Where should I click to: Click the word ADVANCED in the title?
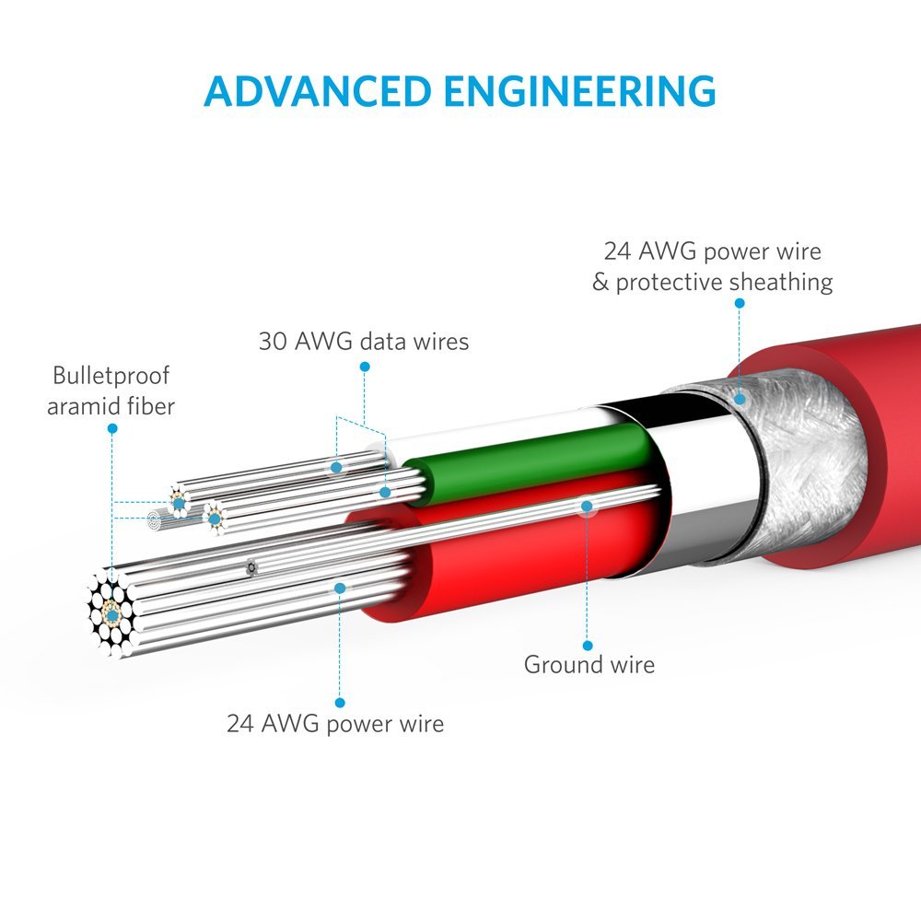tap(317, 91)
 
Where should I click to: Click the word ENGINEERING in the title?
tap(579, 91)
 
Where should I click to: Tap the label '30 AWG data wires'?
tap(364, 342)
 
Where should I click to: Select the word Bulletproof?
tap(111, 376)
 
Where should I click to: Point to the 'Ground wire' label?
tap(589, 665)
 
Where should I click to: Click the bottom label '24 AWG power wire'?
tap(335, 724)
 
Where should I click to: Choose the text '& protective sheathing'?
tap(713, 282)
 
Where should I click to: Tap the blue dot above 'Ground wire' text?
tap(588, 647)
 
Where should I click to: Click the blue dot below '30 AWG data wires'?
tap(365, 367)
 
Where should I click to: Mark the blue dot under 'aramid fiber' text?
tap(112, 429)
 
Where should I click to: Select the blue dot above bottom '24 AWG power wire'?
tap(340, 703)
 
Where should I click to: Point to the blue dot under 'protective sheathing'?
tap(740, 303)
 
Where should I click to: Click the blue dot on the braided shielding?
tap(740, 400)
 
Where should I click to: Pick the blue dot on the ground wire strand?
tap(587, 507)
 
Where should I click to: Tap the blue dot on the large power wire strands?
tap(340, 588)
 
